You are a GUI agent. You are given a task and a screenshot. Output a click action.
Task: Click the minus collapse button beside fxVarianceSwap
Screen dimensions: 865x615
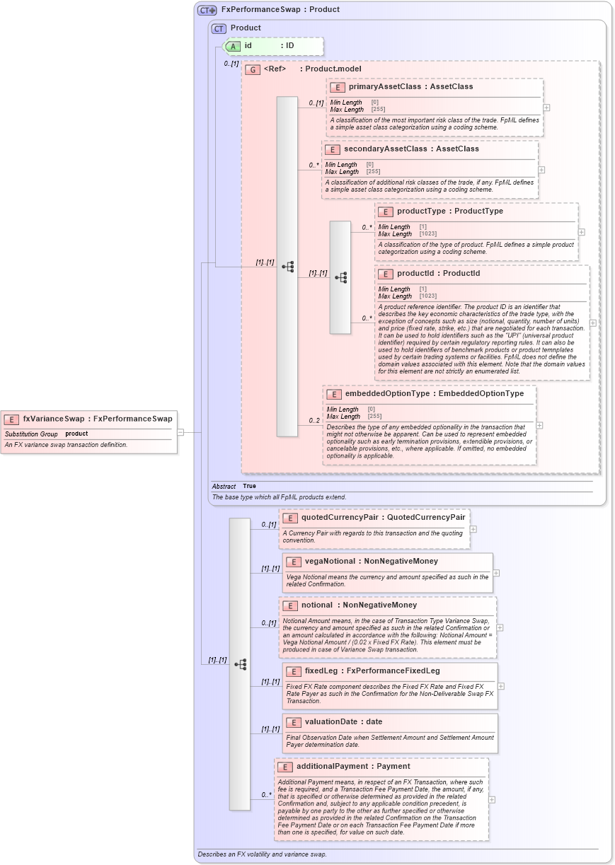tap(180, 431)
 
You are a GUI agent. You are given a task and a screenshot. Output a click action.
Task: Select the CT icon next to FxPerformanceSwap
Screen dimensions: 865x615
tap(207, 10)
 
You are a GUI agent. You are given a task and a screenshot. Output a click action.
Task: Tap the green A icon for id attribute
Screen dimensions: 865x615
tap(232, 46)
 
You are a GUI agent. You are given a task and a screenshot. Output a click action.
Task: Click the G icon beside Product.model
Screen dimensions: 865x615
tap(252, 69)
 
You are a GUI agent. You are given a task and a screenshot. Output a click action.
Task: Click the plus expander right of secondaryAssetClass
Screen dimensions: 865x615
tap(541, 170)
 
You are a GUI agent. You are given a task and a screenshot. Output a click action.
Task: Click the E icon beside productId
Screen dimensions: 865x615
tap(385, 274)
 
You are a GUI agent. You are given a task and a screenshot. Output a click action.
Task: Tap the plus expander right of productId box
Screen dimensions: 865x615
tap(592, 323)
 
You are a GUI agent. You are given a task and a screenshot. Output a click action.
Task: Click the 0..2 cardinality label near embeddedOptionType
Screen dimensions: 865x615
tap(314, 422)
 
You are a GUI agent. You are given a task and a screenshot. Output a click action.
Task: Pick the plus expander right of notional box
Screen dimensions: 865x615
tap(500, 627)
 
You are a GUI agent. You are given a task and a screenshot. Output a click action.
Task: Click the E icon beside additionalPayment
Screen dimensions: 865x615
tap(284, 767)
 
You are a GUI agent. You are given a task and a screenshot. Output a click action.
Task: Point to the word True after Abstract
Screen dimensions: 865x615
tap(249, 487)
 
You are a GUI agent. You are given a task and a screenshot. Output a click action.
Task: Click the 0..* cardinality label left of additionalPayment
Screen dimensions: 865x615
tap(266, 796)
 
